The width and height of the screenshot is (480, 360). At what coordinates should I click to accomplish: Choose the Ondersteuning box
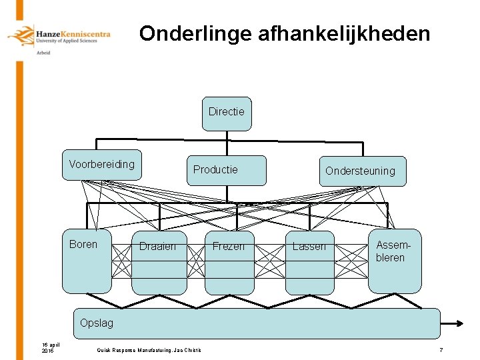pyautogui.click(x=361, y=171)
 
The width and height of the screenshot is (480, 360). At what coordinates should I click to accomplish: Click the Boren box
pyautogui.click(x=86, y=261)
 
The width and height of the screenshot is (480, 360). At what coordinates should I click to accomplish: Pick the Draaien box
pyautogui.click(x=159, y=262)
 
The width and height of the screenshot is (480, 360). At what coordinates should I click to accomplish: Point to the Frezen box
pyautogui.click(x=229, y=262)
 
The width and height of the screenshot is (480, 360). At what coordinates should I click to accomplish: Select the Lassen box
pyautogui.click(x=309, y=262)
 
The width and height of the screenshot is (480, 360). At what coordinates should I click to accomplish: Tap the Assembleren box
pyautogui.click(x=394, y=261)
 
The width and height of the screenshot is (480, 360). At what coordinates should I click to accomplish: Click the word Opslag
pyautogui.click(x=96, y=323)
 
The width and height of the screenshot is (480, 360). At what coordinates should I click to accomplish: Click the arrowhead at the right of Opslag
pyautogui.click(x=459, y=323)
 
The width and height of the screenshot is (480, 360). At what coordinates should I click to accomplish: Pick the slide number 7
pyautogui.click(x=441, y=350)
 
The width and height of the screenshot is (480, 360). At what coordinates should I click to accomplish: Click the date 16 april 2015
pyautogui.click(x=49, y=347)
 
